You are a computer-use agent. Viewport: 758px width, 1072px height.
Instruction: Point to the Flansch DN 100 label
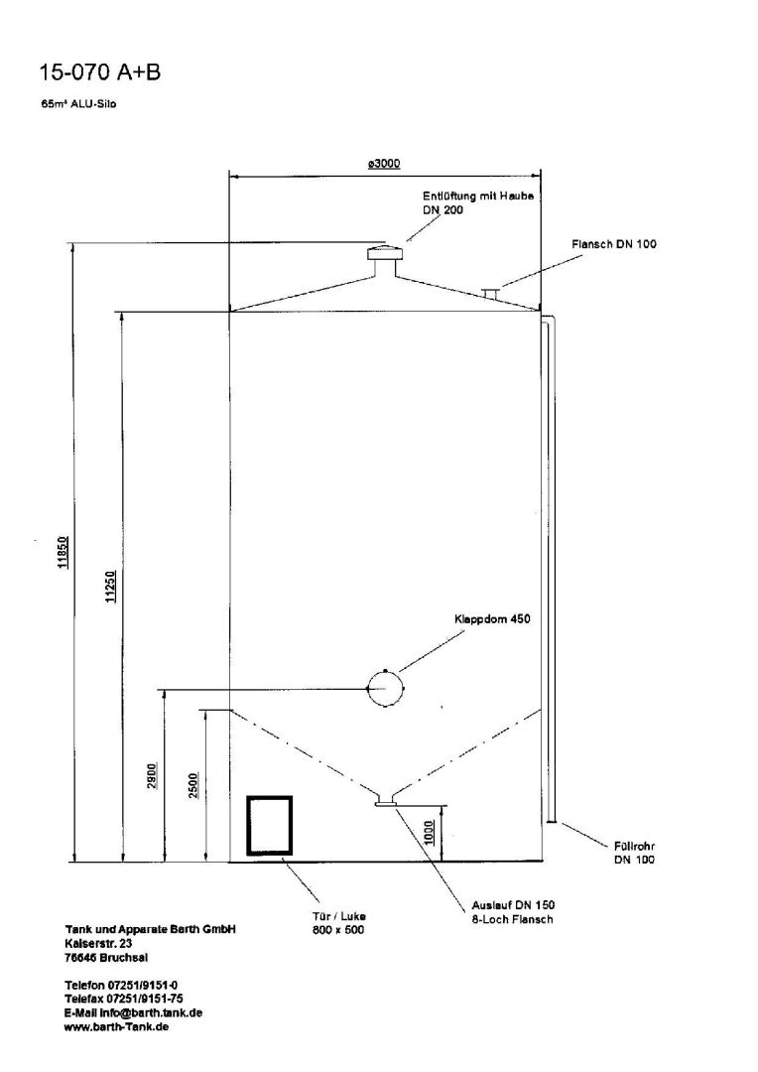613,243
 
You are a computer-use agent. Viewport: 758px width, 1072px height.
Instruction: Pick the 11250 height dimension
109,587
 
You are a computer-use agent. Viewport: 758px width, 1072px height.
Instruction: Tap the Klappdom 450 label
493,619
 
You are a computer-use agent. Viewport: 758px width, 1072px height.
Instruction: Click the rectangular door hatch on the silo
270,825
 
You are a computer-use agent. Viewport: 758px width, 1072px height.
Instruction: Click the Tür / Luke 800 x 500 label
339,923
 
